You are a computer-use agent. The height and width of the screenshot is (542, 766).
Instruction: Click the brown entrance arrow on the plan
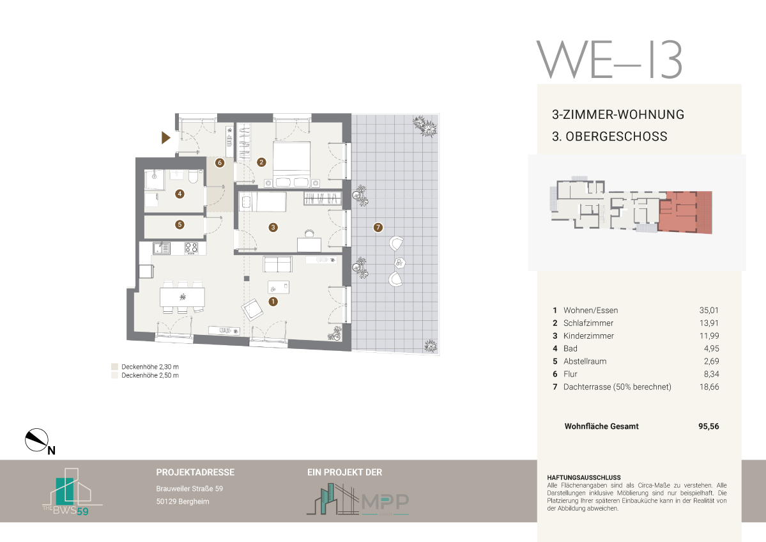coord(165,138)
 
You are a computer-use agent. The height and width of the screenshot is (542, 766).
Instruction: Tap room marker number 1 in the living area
coord(273,302)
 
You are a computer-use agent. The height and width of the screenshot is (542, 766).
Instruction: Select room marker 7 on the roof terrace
coord(378,228)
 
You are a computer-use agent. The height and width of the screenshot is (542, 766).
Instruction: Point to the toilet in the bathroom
coord(194,176)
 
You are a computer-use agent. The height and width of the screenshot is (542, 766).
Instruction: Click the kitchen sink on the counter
coord(161,249)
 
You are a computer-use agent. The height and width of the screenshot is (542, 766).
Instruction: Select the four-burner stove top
coord(191,248)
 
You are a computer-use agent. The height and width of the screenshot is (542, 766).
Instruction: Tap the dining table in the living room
coord(182,297)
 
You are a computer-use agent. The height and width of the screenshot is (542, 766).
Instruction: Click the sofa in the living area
coord(277,264)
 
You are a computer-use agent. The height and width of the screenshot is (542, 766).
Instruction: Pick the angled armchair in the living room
coord(252,309)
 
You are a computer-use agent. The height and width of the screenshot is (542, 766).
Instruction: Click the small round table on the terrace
coord(400,263)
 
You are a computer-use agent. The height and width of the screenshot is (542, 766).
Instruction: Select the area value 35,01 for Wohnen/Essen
coord(709,311)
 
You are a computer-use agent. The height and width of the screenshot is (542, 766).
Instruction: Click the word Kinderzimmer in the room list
coord(588,336)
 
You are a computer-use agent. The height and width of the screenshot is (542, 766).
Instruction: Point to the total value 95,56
coord(709,426)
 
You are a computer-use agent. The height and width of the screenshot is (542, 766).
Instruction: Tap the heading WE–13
coord(609,59)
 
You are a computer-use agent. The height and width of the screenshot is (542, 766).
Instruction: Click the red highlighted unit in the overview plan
coord(685,212)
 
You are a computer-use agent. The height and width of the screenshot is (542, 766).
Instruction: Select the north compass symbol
coord(37,440)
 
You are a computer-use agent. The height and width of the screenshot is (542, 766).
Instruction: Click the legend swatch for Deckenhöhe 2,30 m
coord(115,366)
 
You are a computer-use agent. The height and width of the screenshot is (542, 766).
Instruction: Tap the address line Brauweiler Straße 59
coord(190,489)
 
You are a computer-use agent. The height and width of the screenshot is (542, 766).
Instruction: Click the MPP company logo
coord(358,499)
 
